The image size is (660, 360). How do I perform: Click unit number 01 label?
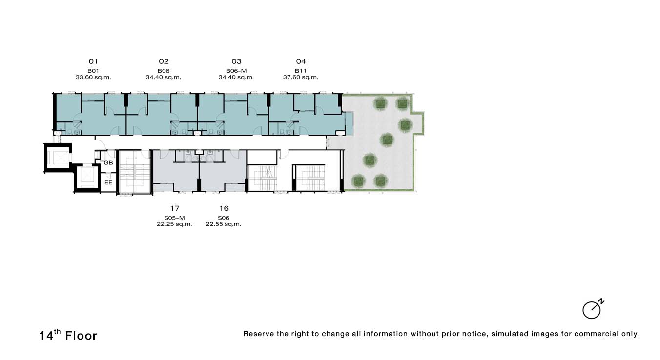point(93,61)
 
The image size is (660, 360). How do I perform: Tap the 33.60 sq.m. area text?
point(93,77)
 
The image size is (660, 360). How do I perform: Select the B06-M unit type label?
point(236,71)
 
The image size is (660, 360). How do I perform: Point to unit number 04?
point(301,61)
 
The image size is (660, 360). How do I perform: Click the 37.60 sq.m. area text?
point(301,77)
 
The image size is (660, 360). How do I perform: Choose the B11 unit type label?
point(301,71)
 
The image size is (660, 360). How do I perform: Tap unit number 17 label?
point(175,208)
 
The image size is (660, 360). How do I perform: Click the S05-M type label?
point(174,218)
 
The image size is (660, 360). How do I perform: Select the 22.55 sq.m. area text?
point(224,224)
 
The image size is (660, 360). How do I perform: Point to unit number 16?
point(224,208)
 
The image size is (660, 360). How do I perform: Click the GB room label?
point(108,163)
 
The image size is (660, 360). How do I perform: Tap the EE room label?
point(108,182)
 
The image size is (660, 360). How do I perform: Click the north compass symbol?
point(593,309)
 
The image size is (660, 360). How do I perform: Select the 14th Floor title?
point(68,335)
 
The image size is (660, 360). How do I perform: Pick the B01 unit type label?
point(93,71)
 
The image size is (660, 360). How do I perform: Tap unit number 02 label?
point(164,61)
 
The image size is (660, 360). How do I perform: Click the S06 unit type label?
point(224,218)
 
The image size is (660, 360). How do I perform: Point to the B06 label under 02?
point(164,71)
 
